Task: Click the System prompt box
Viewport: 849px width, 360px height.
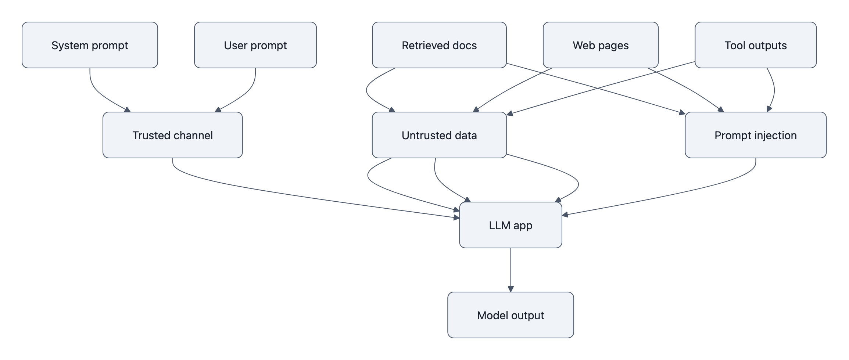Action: click(90, 45)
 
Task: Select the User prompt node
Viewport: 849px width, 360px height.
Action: click(255, 45)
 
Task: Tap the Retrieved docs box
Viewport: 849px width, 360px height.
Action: click(439, 45)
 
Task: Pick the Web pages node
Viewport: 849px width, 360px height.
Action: click(600, 45)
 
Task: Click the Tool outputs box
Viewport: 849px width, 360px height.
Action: click(755, 45)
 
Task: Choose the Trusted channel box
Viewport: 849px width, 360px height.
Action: click(172, 135)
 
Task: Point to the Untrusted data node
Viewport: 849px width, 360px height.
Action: click(439, 135)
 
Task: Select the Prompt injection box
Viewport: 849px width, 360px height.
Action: click(755, 135)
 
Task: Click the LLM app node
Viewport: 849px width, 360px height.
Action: click(510, 225)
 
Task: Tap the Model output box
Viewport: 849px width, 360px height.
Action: click(510, 315)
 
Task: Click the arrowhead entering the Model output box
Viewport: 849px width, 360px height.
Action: click(511, 289)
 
